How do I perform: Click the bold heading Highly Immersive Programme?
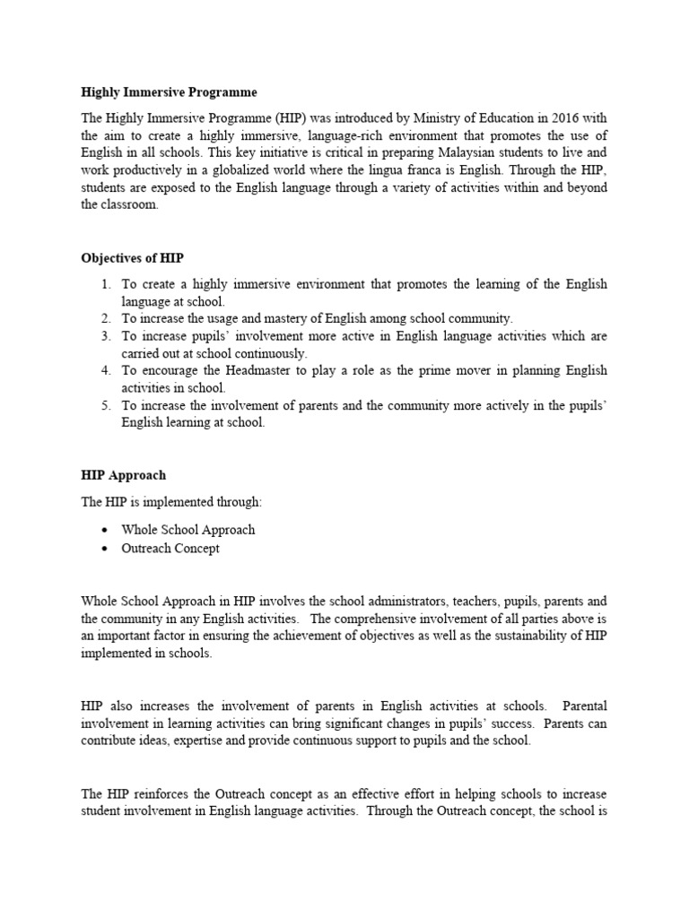(169, 92)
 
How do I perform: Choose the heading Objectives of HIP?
(132, 258)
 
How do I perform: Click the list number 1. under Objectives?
(106, 284)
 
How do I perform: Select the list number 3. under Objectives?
(106, 336)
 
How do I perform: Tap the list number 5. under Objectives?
(106, 405)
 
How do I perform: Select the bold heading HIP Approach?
(123, 475)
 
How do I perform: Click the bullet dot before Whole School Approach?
(105, 531)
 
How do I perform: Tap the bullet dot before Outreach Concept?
(105, 549)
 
